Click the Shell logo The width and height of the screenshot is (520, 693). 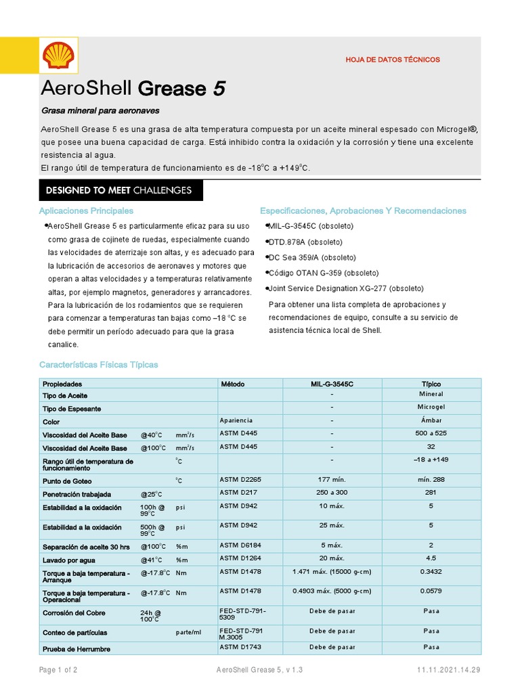pos(58,55)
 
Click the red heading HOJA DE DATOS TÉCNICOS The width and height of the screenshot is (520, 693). pos(393,60)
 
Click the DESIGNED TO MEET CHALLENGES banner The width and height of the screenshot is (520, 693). pos(118,190)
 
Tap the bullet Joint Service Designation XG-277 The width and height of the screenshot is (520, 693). pos(345,288)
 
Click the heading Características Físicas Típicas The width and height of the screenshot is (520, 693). pos(98,365)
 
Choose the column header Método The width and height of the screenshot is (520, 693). pos(233,384)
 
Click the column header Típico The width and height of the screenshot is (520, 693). pos(431,384)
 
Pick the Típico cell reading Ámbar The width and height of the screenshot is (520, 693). pos(431,421)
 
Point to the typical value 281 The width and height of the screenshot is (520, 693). pos(431,493)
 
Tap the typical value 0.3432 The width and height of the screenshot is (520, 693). pos(431,571)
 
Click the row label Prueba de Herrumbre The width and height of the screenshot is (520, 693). pos(77,649)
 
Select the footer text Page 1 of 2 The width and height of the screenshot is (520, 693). pos(58,670)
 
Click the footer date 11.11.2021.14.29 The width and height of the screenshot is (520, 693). pos(448,670)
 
